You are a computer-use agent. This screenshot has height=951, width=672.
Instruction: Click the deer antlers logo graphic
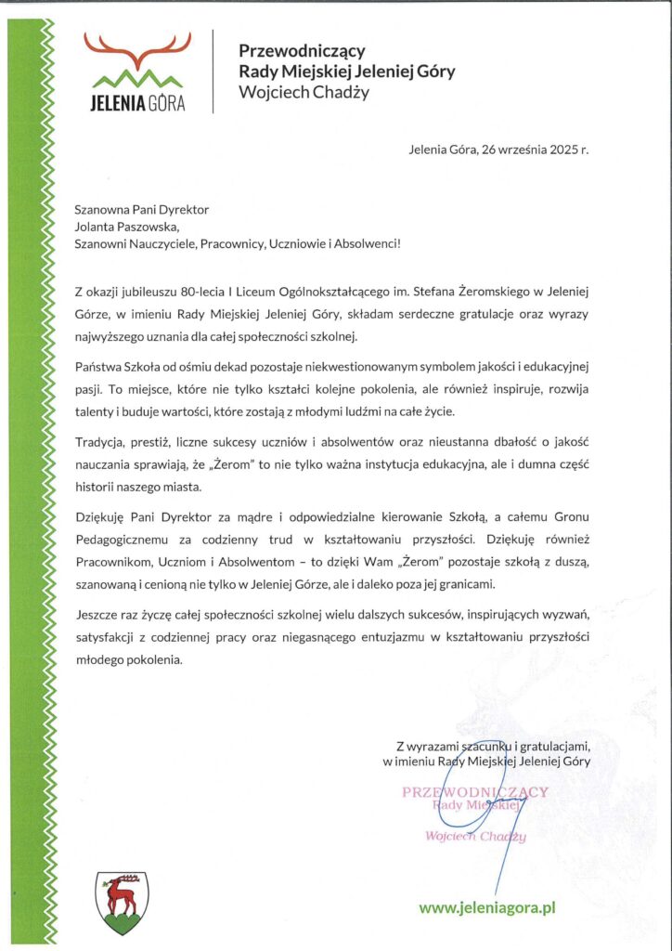coord(137,51)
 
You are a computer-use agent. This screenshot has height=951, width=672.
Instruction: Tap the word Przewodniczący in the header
coord(302,51)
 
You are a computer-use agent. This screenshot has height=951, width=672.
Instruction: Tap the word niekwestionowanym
coord(349,367)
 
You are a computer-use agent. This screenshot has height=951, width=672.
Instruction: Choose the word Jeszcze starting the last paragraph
coord(98,615)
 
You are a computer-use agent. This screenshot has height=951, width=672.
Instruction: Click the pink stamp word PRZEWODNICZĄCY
coord(474,791)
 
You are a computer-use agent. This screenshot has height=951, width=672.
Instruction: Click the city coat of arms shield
coord(117,901)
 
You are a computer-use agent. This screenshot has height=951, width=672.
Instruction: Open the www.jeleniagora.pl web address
coord(486,906)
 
